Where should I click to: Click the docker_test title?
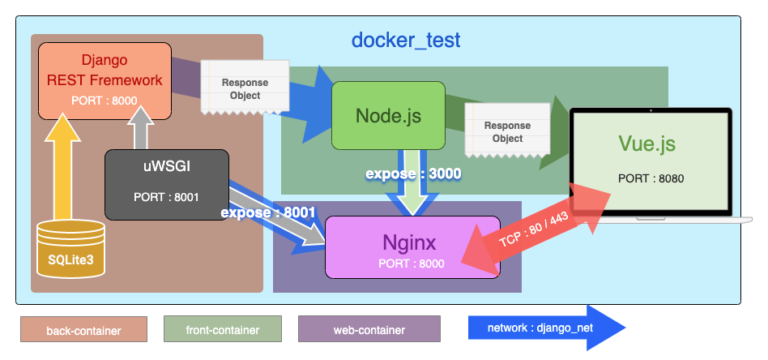click(x=405, y=41)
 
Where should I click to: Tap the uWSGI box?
click(x=167, y=183)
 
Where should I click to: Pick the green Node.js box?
click(x=388, y=115)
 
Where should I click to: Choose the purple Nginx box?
click(x=413, y=246)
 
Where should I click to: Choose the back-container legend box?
click(x=83, y=329)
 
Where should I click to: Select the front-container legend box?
click(x=222, y=329)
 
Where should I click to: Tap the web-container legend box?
click(x=368, y=329)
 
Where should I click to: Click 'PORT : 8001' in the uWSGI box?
click(x=167, y=197)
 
